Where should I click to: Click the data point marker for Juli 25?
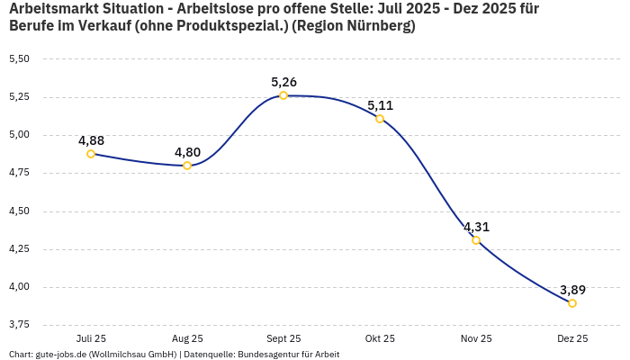[91, 154]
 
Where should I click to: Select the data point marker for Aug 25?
[187, 166]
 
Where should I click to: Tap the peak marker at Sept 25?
[283, 95]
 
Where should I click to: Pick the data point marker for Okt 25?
[380, 119]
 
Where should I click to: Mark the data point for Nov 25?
[476, 240]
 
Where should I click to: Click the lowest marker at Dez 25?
[572, 303]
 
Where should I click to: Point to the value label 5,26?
[283, 82]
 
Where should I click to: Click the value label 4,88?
[91, 140]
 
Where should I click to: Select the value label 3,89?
[572, 290]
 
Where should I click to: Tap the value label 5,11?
[380, 105]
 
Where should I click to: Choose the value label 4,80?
[187, 152]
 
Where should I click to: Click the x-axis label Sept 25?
[283, 338]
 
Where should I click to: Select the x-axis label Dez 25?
[572, 338]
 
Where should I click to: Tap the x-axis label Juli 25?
[91, 338]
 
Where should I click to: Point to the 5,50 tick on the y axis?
[19, 58]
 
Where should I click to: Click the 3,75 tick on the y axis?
[19, 323]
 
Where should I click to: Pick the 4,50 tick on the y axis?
[19, 211]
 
